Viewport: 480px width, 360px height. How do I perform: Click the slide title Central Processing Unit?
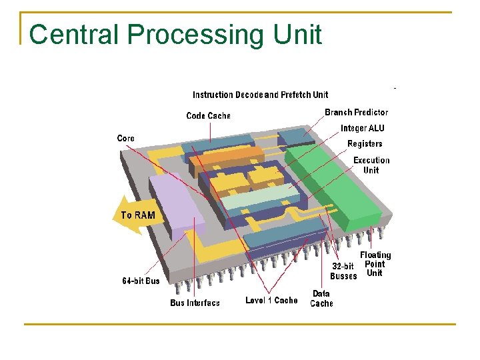(176, 35)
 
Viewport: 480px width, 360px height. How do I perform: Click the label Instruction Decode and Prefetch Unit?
(260, 95)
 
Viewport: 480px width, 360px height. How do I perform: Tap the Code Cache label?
(208, 116)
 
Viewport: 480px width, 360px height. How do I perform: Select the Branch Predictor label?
(356, 113)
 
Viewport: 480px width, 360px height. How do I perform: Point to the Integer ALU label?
(362, 128)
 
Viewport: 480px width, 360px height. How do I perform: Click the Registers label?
(365, 143)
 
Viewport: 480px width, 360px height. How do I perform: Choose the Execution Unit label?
(371, 165)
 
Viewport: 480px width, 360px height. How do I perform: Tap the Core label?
(125, 139)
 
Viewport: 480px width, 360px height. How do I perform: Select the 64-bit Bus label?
(141, 281)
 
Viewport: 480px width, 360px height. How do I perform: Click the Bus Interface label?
(195, 303)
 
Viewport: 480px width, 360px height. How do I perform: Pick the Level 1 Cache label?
(271, 300)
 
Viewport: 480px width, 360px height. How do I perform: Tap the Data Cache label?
(321, 298)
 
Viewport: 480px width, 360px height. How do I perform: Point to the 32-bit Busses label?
(343, 271)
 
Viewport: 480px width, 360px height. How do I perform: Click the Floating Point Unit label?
(375, 264)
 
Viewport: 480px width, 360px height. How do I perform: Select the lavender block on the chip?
(175, 203)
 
